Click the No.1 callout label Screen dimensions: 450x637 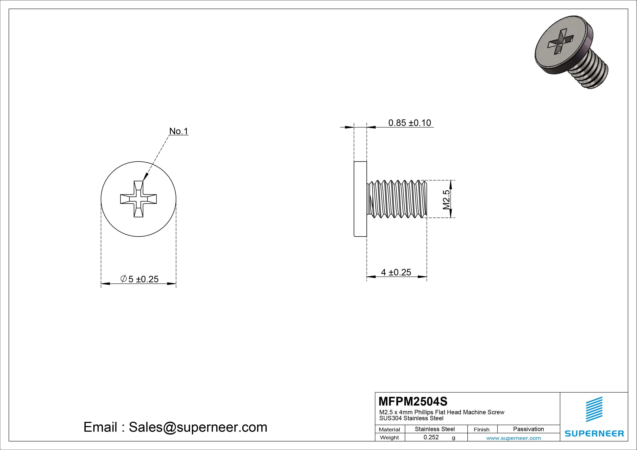[179, 131]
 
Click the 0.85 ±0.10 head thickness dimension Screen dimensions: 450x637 [409, 123]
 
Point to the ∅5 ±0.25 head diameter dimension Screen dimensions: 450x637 [140, 279]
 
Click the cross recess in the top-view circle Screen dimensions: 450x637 [138, 199]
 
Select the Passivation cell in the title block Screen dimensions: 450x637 [528, 429]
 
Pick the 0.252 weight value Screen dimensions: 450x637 [431, 437]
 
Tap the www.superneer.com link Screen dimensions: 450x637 [514, 438]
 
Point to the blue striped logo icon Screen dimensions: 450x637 [594, 409]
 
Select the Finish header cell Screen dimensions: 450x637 [482, 429]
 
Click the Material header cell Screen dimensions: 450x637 [389, 429]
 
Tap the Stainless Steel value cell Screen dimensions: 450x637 [435, 429]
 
